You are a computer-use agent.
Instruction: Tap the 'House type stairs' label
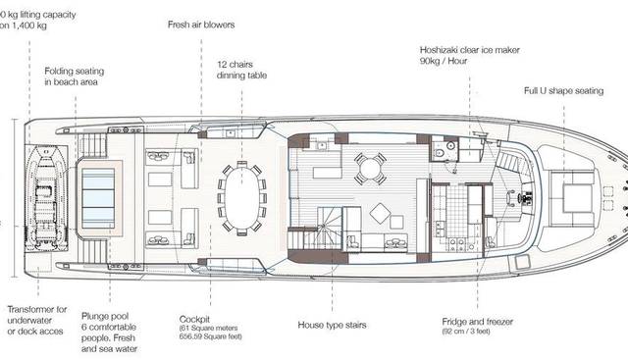333,325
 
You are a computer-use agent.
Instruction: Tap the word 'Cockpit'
193,319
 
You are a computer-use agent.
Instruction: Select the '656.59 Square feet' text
212,339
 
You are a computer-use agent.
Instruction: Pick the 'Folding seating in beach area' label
78,77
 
